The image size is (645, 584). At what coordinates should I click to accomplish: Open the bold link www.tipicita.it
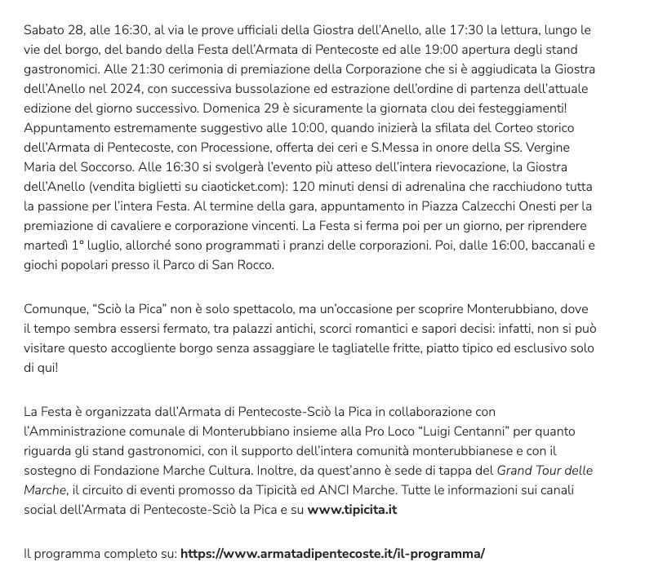352,511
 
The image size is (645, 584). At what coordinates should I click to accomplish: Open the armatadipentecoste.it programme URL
332,554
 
